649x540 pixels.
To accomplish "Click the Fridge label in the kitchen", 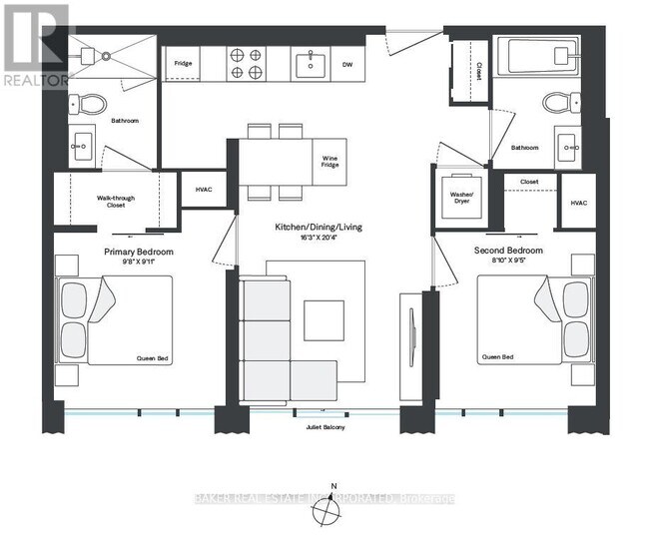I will [x=183, y=65].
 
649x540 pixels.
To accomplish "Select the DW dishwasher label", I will [x=347, y=65].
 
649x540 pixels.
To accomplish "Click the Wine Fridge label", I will [x=328, y=162].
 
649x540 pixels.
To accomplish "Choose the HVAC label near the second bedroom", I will [x=578, y=203].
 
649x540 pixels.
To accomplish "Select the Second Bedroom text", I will [x=510, y=250].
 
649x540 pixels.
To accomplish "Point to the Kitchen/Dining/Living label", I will [x=319, y=228].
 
